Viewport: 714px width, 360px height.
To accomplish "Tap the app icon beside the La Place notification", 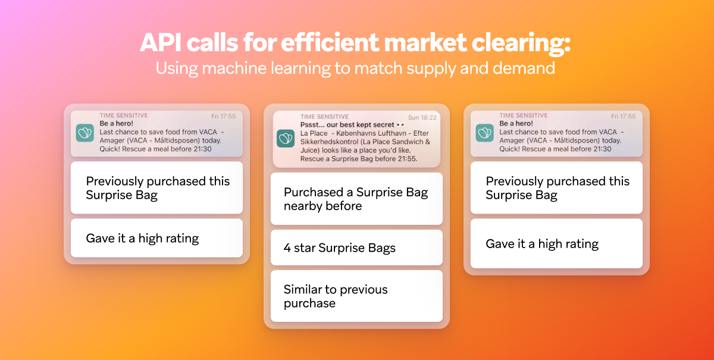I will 286,139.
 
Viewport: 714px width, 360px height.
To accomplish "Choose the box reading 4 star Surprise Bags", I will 356,248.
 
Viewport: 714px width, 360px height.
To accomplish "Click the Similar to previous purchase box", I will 356,296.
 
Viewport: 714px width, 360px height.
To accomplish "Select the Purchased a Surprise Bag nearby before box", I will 356,199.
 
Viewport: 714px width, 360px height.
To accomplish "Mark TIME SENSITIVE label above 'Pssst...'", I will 324,117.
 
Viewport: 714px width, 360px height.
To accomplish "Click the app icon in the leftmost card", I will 85,132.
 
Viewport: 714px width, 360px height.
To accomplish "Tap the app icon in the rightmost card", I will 485,132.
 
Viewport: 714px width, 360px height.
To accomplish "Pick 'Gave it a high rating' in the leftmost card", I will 156,238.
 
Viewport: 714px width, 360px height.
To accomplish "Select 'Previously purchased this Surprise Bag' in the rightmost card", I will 556,188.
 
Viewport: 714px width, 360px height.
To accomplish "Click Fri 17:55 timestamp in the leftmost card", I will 224,116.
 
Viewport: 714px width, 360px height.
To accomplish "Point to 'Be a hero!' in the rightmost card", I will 517,123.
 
